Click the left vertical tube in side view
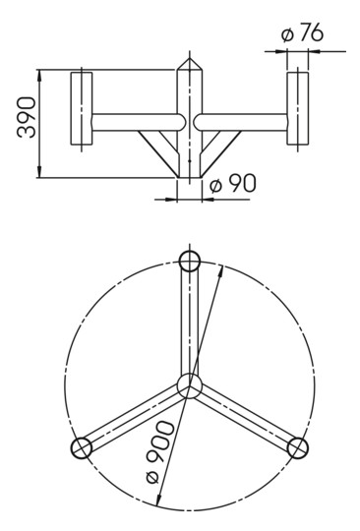pyautogui.click(x=82, y=110)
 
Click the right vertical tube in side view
pyautogui.click(x=298, y=109)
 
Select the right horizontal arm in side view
pyautogui.click(x=242, y=122)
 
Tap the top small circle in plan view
pyautogui.click(x=190, y=261)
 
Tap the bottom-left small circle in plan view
pyautogui.click(x=82, y=447)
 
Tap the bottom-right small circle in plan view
pyautogui.click(x=297, y=447)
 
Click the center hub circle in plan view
pyautogui.click(x=189, y=384)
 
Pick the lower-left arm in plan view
pyautogui.click(x=133, y=417)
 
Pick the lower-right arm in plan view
pyautogui.click(x=245, y=417)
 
